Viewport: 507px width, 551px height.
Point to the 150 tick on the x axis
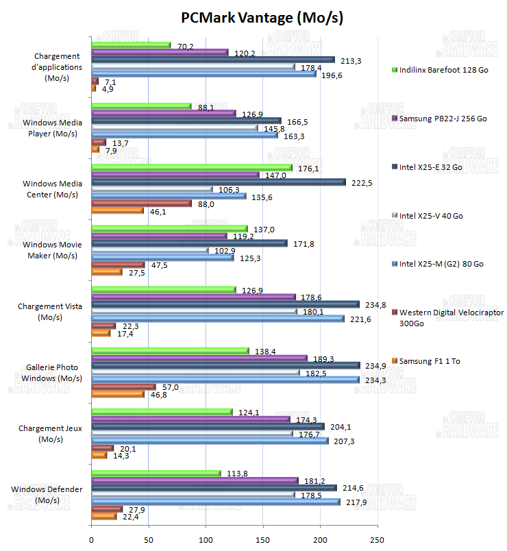(x=263, y=539)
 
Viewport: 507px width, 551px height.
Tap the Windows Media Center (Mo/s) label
(x=52, y=189)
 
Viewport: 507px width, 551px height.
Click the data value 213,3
(x=350, y=61)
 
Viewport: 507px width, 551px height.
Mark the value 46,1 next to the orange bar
(x=158, y=212)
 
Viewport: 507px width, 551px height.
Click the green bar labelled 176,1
(x=191, y=167)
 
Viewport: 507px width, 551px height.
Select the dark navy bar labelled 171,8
(x=189, y=243)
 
